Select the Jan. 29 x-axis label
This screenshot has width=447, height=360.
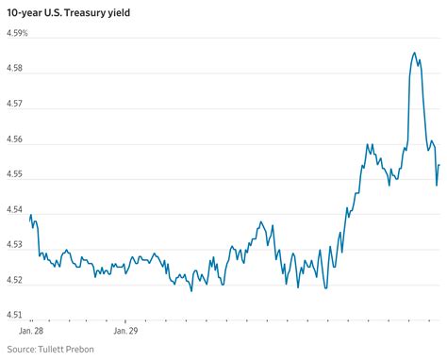tap(126, 331)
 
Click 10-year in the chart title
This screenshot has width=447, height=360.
tap(28, 12)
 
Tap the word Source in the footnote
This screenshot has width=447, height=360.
tap(22, 349)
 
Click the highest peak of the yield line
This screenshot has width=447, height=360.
tap(415, 53)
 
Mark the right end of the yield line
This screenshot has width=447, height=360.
tap(439, 165)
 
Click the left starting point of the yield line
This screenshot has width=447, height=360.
tap(30, 219)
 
